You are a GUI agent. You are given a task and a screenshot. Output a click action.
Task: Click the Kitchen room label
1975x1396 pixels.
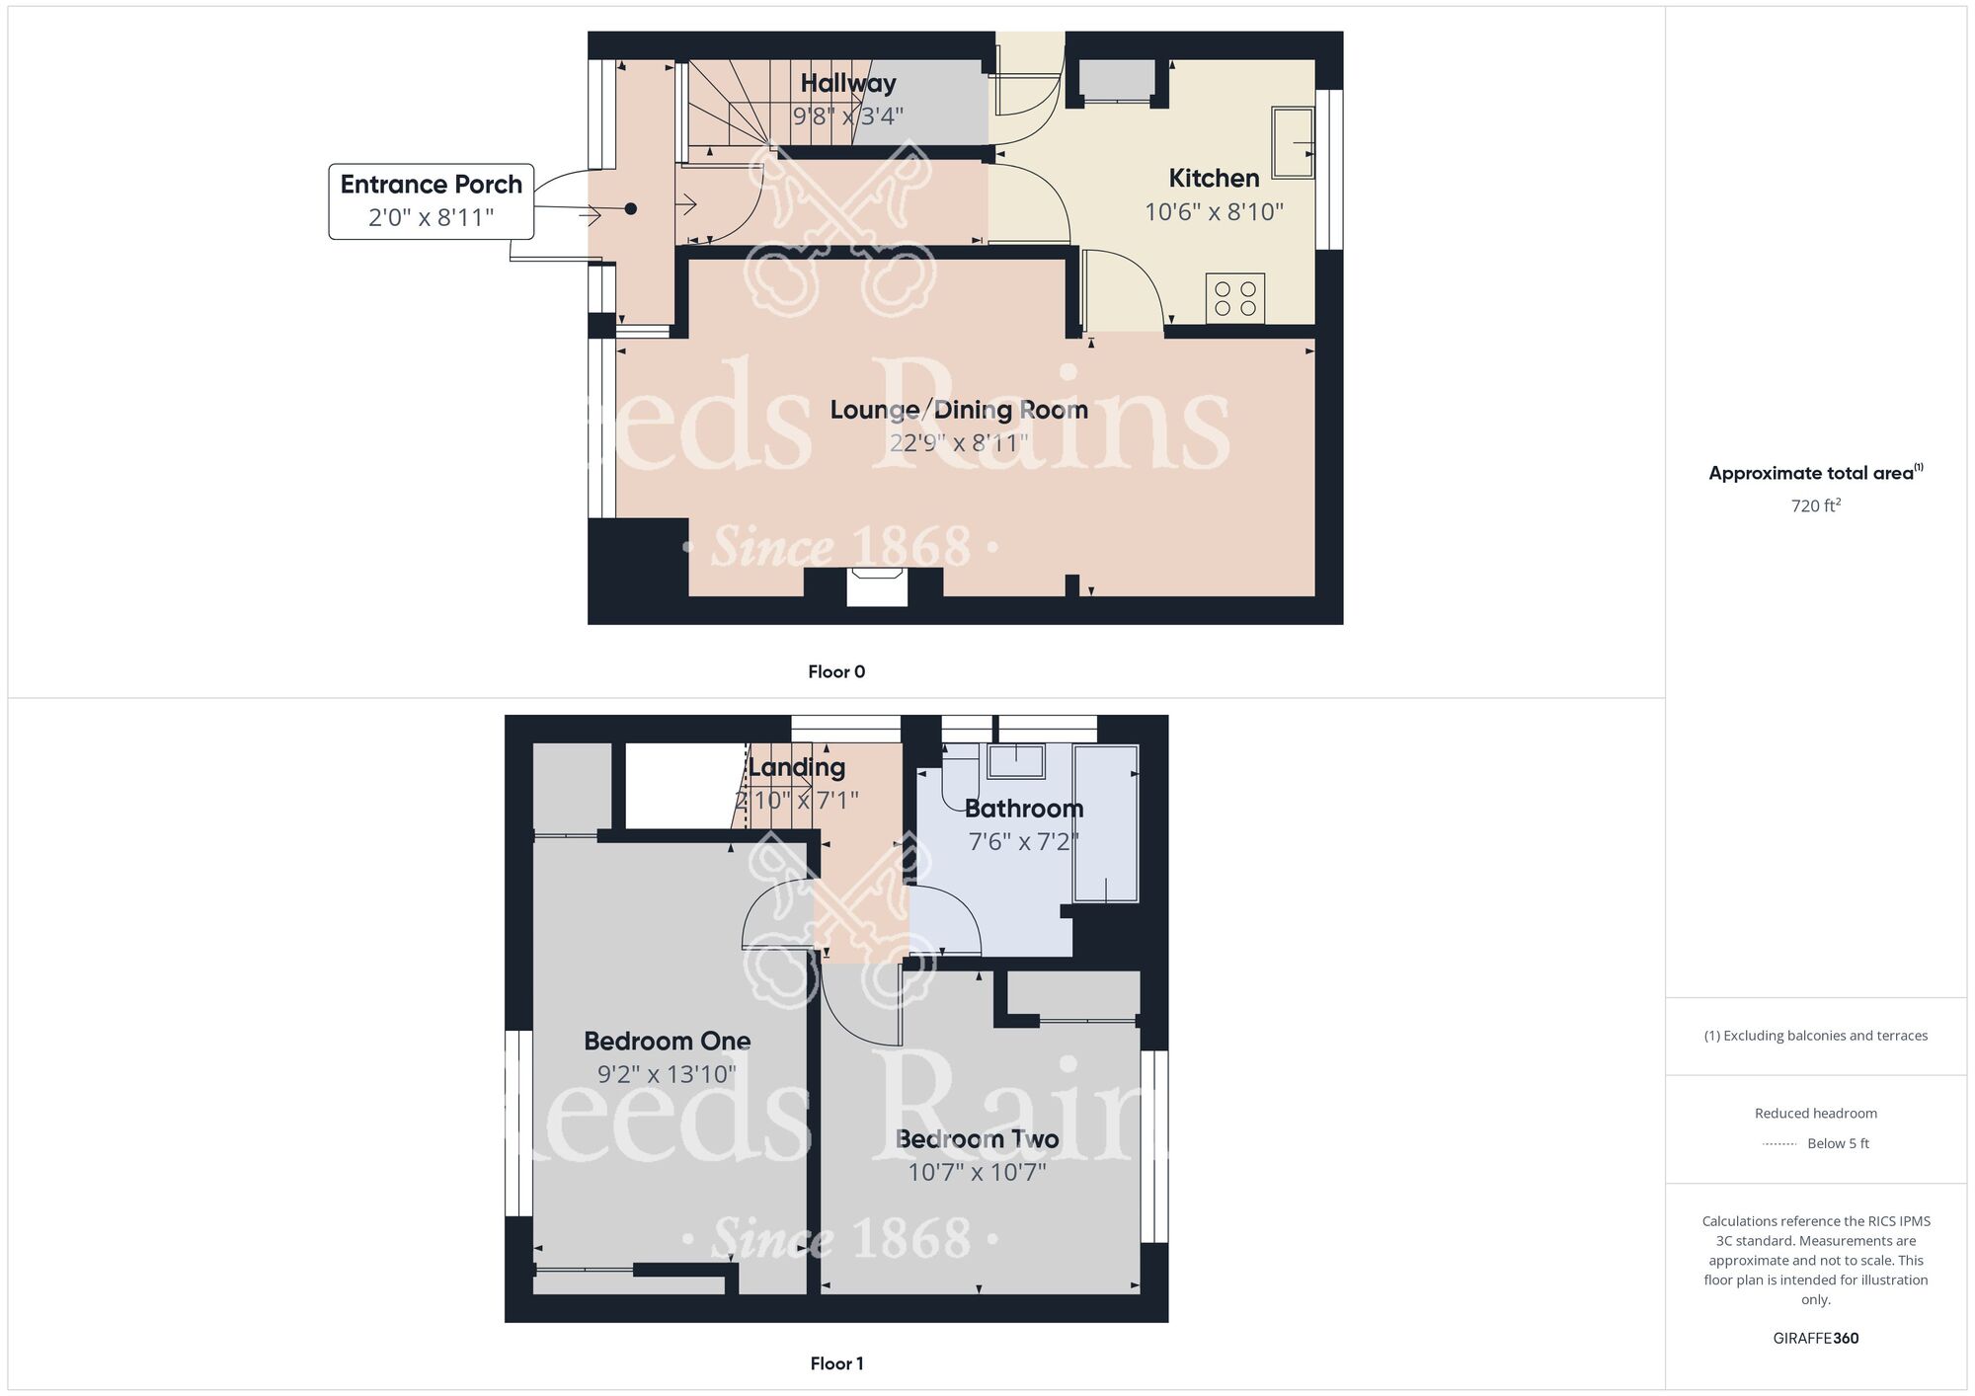coord(1214,179)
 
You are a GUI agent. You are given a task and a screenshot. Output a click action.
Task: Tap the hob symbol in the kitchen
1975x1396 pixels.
coord(1234,298)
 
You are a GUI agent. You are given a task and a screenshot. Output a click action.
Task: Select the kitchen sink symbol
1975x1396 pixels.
coord(1293,142)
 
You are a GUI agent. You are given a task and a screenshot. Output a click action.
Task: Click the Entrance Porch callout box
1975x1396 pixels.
coord(432,201)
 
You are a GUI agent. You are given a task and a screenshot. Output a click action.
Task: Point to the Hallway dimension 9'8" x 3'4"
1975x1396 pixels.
coord(848,116)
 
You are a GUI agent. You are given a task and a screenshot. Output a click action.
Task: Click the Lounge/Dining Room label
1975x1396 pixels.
coord(958,410)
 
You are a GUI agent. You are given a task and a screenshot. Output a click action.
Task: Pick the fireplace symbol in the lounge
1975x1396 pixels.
coord(877,585)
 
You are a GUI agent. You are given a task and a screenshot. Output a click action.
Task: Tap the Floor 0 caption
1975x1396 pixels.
coord(836,672)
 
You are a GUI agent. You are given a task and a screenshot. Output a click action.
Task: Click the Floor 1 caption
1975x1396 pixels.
coord(836,1363)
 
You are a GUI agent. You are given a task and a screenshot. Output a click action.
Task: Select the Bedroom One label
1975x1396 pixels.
coord(667,1041)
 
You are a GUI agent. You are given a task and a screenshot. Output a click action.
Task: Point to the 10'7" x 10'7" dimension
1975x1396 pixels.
coord(977,1172)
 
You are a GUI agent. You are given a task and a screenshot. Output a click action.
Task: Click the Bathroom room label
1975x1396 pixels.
coord(1024,809)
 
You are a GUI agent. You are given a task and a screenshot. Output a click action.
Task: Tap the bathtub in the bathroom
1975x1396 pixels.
coord(1106,823)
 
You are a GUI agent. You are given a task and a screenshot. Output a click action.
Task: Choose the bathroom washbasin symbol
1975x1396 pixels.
coord(1016,761)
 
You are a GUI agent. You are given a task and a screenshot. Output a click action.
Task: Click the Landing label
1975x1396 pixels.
coord(797,767)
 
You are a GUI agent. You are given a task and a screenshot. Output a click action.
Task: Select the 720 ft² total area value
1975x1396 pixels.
coord(1815,505)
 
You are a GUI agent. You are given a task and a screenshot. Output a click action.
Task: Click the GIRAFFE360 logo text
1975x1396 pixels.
coord(1815,1339)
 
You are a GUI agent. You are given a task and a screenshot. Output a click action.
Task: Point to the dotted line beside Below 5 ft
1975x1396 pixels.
coord(1779,1144)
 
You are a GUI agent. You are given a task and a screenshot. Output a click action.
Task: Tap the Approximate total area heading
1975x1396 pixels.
coord(1815,473)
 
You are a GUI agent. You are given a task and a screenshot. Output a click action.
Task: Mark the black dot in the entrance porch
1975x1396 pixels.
coord(631,209)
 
